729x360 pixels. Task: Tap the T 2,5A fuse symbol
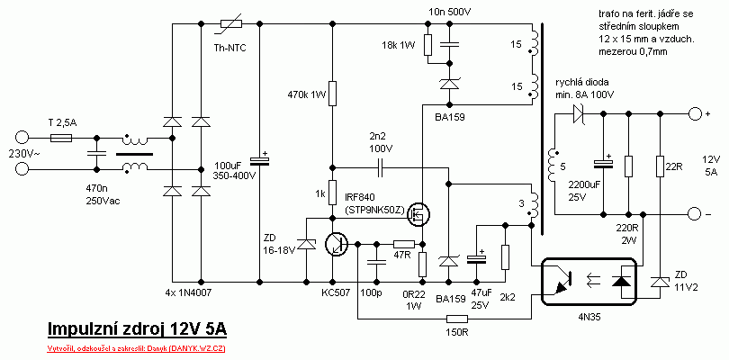pyautogui.click(x=60, y=138)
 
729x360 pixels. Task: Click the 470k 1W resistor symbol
pyautogui.click(x=332, y=94)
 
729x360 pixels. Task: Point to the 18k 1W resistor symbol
pyautogui.click(x=428, y=44)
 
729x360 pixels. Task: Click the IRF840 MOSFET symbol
pyautogui.click(x=417, y=214)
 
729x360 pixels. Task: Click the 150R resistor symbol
pyautogui.click(x=457, y=319)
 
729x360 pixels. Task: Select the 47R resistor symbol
pyautogui.click(x=404, y=243)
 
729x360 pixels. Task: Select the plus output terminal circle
pyautogui.click(x=694, y=114)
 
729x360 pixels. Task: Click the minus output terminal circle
pyautogui.click(x=694, y=213)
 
